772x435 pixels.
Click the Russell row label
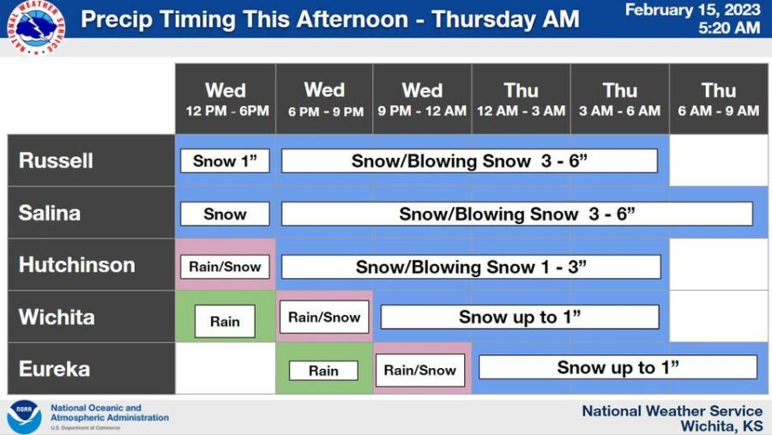point(57,161)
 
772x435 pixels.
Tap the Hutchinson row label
point(77,265)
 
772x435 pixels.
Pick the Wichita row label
point(57,317)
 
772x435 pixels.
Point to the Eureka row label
point(54,368)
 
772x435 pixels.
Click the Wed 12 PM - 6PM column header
point(226,100)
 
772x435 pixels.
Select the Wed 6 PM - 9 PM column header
point(324,100)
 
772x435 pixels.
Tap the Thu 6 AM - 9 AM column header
point(718,100)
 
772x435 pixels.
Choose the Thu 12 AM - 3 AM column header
point(521,100)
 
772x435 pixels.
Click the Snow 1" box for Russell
point(225,161)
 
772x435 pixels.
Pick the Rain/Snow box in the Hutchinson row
point(225,267)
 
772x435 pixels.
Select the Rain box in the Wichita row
point(225,322)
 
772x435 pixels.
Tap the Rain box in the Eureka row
point(323,371)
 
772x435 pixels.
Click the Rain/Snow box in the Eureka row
point(420,371)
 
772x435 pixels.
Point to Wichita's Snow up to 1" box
point(520,317)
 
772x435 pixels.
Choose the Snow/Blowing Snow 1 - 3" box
point(471,267)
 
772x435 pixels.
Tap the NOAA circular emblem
point(24,417)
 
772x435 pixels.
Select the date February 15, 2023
point(692,10)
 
